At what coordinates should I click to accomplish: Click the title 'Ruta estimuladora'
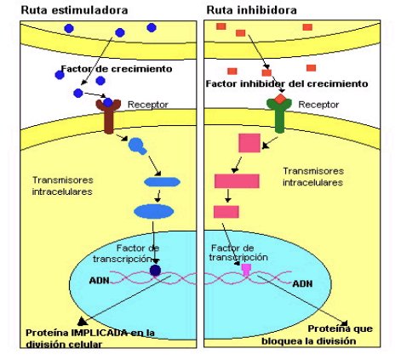(x=74, y=10)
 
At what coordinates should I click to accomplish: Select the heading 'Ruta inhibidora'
(x=251, y=10)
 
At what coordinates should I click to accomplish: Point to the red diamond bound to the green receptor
(x=280, y=99)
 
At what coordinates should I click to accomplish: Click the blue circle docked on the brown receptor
(x=108, y=102)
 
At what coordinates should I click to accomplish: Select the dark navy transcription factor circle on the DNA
(x=155, y=271)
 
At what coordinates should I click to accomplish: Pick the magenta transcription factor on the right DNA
(x=246, y=269)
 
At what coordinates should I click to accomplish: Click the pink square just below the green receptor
(x=249, y=143)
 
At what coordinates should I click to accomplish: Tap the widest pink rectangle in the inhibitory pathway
(x=237, y=181)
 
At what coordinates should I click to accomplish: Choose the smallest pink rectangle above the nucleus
(x=226, y=212)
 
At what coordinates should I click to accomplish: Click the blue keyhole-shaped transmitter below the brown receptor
(x=137, y=146)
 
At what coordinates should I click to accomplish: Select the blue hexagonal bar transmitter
(x=162, y=182)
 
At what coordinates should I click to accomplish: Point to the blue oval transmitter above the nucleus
(x=153, y=211)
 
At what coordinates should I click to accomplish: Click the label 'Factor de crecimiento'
(x=117, y=69)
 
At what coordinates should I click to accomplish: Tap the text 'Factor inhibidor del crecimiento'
(x=287, y=83)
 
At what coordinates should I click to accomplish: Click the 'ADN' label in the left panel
(x=100, y=281)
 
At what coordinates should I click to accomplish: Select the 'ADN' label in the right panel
(x=302, y=283)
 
